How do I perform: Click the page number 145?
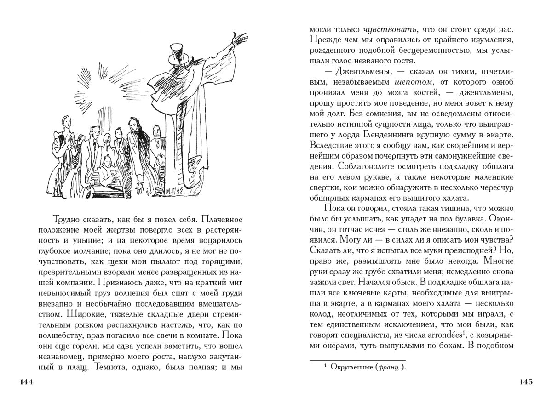pos(525,382)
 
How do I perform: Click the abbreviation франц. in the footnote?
pos(390,367)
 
